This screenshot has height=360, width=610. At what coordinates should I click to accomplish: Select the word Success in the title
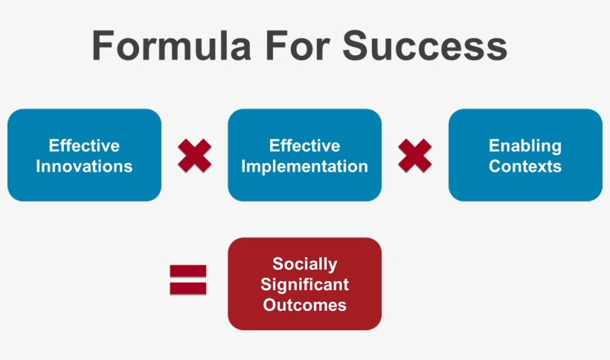click(x=425, y=46)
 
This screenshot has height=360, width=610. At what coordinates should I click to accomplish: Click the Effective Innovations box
click(x=84, y=155)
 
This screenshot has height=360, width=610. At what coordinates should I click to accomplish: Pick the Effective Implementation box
click(x=304, y=155)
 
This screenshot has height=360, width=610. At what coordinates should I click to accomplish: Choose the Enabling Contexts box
click(x=525, y=155)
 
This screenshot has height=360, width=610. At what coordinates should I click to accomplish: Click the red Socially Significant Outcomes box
click(x=304, y=284)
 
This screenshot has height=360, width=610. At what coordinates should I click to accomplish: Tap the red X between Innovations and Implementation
click(x=195, y=155)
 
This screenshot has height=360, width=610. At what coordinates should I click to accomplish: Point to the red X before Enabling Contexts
click(x=415, y=155)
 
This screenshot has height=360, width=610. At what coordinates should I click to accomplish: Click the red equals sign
click(x=188, y=280)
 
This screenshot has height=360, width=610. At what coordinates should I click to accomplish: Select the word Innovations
click(x=84, y=166)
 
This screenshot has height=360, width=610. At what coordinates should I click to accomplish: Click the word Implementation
click(x=304, y=166)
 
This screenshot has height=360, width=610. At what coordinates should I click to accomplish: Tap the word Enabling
click(x=525, y=146)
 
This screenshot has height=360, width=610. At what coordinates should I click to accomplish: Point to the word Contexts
click(x=525, y=166)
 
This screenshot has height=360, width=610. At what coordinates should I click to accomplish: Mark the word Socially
click(x=304, y=264)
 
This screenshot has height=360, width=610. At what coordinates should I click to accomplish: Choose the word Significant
click(x=304, y=284)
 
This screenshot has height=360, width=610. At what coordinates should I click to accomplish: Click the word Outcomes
click(x=304, y=304)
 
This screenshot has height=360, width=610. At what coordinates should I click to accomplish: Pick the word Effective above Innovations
click(x=84, y=146)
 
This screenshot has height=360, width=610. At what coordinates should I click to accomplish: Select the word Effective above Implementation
click(x=304, y=146)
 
